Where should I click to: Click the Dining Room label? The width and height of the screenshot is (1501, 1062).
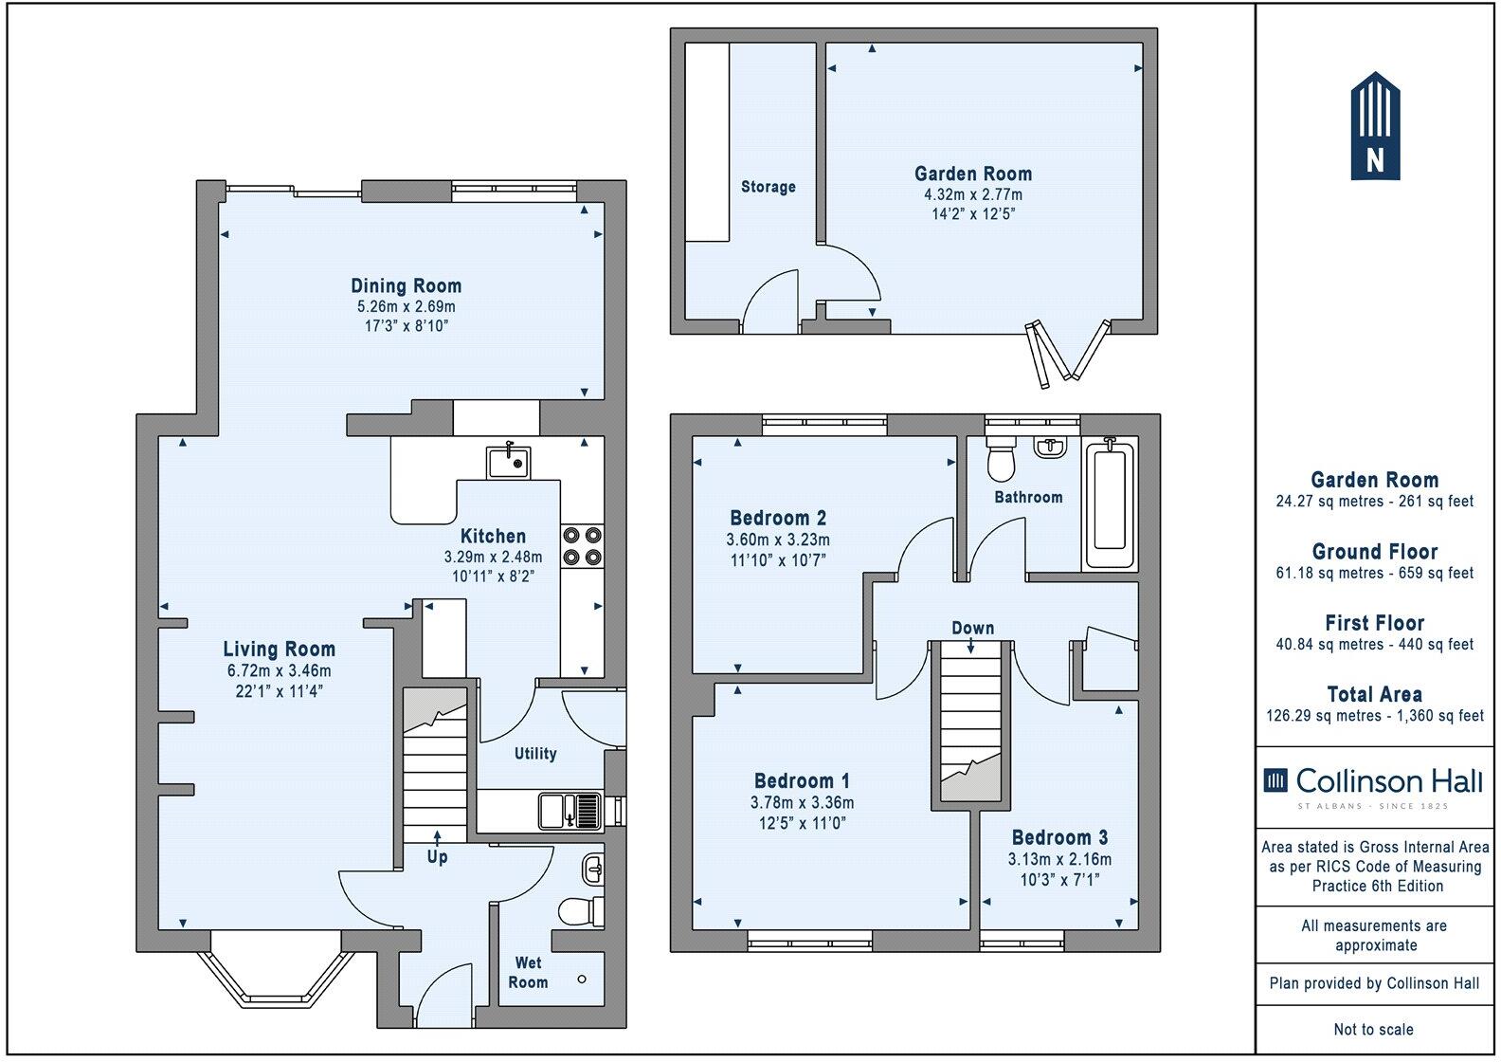pos(406,285)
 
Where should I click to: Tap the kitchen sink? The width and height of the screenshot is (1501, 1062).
pos(509,463)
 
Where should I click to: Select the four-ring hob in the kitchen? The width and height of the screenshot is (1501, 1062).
pos(582,546)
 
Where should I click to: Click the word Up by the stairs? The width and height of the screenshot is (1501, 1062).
pos(437,857)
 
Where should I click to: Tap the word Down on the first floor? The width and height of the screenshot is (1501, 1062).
pos(972,628)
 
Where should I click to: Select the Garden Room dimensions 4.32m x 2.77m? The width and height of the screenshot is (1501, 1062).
pos(972,194)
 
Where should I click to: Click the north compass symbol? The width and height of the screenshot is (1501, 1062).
pos(1375,126)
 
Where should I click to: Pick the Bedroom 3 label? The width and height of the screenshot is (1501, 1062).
pos(1059,837)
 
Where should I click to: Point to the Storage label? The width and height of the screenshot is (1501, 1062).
pos(768,187)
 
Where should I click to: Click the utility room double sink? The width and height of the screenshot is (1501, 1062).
pos(570,812)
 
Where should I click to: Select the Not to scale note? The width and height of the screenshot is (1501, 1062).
pos(1373,1029)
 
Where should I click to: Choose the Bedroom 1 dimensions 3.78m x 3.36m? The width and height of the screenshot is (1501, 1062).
pos(802,802)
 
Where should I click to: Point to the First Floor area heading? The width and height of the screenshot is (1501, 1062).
pos(1374,623)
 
